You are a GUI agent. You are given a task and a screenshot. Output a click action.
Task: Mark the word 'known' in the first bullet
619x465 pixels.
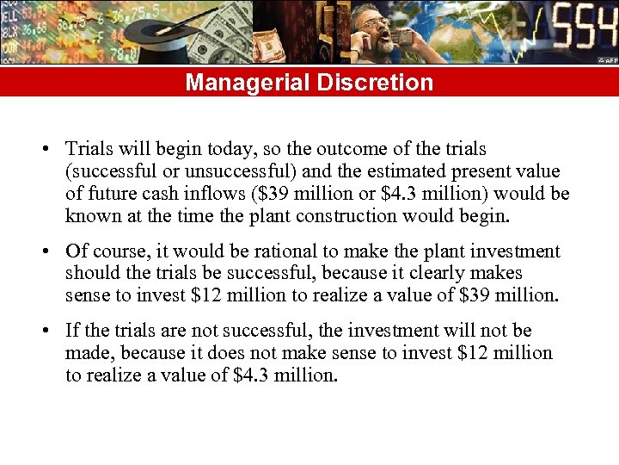(91, 215)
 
